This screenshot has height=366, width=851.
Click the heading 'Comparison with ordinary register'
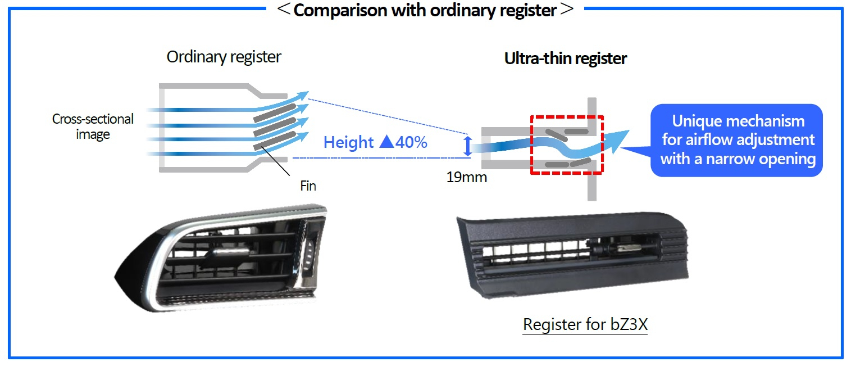(425, 10)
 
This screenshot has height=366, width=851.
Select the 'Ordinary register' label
(224, 57)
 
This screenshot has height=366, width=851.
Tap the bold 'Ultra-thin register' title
(565, 58)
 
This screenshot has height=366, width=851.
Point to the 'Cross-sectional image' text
(93, 126)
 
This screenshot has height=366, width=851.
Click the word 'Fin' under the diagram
(308, 186)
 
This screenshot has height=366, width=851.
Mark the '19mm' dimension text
(466, 178)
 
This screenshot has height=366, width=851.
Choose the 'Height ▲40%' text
(375, 142)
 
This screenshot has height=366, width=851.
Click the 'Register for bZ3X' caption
(585, 325)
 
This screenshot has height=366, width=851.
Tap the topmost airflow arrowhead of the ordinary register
(303, 96)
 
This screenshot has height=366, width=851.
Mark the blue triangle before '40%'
(387, 142)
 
